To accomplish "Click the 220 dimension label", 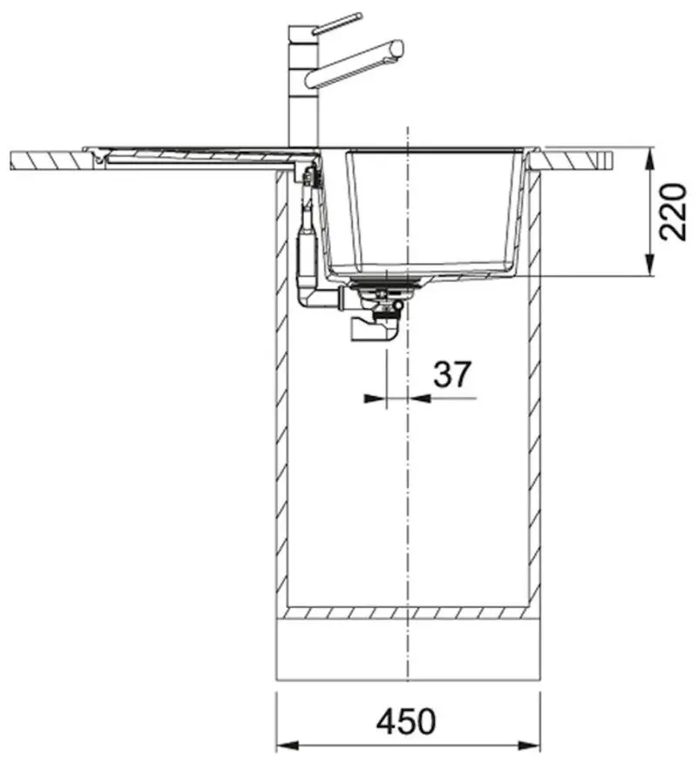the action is tap(673, 212).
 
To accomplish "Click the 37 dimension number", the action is tap(452, 374).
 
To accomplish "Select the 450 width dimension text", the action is tap(406, 721).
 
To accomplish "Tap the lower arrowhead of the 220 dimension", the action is tap(649, 266).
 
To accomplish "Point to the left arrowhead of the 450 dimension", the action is tap(288, 746).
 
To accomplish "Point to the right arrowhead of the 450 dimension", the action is tap(529, 746).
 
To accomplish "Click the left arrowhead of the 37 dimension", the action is tap(375, 398).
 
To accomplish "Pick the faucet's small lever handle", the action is tap(337, 23).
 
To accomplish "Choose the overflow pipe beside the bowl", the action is tap(307, 235).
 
